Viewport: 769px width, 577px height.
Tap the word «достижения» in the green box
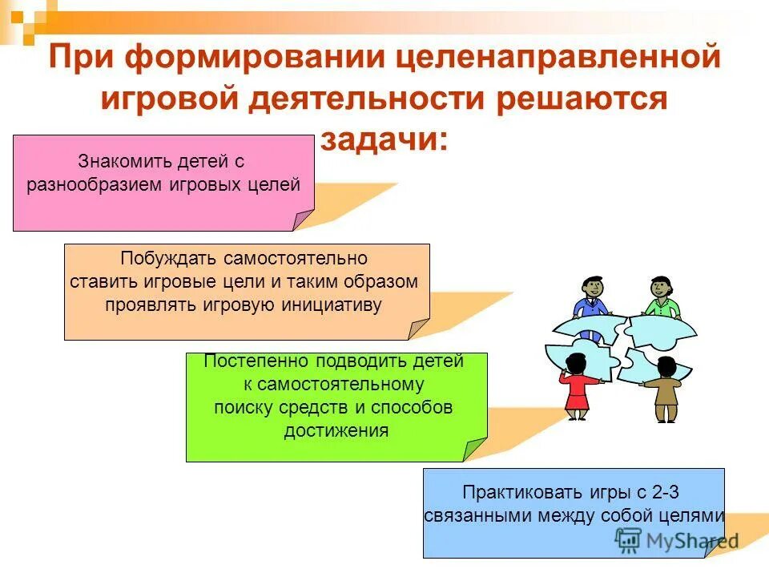tap(336, 431)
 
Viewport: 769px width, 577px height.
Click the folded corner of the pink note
tap(303, 220)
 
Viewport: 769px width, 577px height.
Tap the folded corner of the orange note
tap(418, 329)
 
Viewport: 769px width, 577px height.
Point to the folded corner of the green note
tap(476, 449)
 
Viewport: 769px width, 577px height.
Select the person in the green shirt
tap(662, 298)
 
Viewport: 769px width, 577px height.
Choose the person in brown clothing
tap(665, 391)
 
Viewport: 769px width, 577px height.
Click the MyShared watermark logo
tap(677, 539)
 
